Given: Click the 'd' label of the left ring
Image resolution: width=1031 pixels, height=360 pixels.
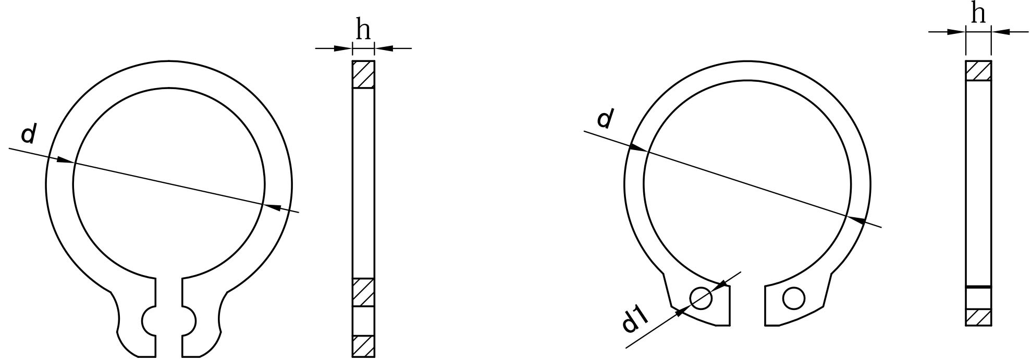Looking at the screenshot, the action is [29, 134].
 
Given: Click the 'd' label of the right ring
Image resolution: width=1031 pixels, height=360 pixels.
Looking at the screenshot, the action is [605, 119].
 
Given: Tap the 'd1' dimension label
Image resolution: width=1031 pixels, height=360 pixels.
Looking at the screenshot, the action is [635, 321].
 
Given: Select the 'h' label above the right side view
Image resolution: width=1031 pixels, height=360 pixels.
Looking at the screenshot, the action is [978, 13].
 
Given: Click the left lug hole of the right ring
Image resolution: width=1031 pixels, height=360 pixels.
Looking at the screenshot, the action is [701, 297].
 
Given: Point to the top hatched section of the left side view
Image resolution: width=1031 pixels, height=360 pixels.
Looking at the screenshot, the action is [363, 75].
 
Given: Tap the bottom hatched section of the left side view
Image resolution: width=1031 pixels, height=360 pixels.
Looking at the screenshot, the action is [363, 346].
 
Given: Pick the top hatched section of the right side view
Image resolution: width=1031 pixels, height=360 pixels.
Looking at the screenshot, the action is [978, 71].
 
